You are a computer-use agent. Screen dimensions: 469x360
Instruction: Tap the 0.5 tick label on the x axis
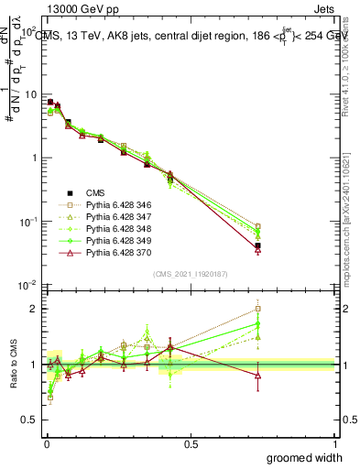click(190, 442)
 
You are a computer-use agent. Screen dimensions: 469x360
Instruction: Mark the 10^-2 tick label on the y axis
click(26, 286)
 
